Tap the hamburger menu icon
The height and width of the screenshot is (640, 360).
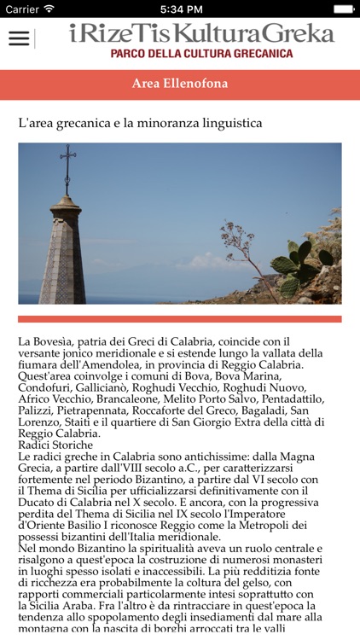pyautogui.click(x=19, y=38)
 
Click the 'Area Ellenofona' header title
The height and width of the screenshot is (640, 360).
pyautogui.click(x=180, y=84)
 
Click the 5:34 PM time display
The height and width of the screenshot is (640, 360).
pyautogui.click(x=179, y=9)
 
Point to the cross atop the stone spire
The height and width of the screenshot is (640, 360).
pyautogui.click(x=67, y=160)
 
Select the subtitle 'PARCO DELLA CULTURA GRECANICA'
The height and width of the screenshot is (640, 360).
pyautogui.click(x=201, y=53)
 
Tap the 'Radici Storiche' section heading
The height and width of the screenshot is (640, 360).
pyautogui.click(x=55, y=445)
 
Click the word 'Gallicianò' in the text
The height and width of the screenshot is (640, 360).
pyautogui.click(x=110, y=388)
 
